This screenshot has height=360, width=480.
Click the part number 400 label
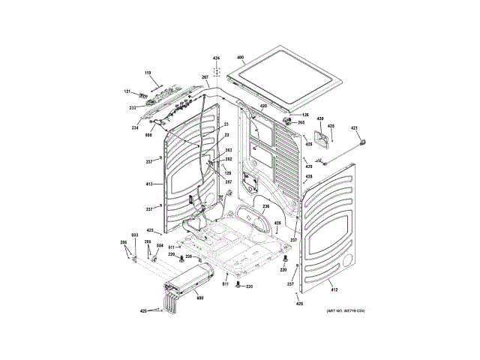241,58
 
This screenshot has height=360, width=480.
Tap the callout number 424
216,58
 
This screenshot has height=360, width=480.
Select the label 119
148,72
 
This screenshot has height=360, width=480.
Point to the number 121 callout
127,91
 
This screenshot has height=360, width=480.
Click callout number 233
132,107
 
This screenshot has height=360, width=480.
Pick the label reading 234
135,127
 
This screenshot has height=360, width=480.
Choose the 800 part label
148,135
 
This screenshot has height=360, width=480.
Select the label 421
355,128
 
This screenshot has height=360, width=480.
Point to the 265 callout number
301,122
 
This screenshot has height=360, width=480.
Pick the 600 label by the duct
199,298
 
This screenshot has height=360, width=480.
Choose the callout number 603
135,235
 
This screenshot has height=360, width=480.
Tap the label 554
159,245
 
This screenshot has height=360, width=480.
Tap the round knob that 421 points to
364,142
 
